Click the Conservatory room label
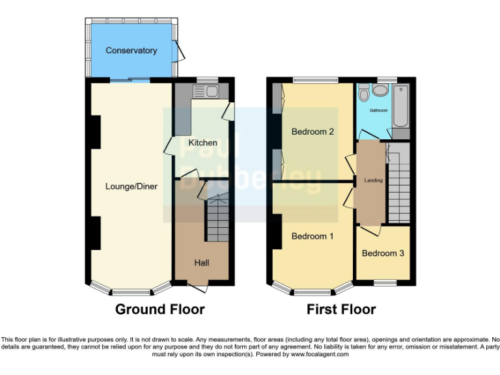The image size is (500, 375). pos(131,50)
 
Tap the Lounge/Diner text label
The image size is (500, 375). pos(132,186)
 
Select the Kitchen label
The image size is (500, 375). pos(202,143)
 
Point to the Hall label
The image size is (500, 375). pos(201,262)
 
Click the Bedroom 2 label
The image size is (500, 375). pos(312,132)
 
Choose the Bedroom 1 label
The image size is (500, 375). pos(312,236)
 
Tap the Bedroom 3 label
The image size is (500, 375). pos(383,253)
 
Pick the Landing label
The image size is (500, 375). pos(373,180)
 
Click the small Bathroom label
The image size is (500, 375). pos(378,111)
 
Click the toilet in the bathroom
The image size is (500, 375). pos(364,94)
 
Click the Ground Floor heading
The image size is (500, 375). pos(160,309)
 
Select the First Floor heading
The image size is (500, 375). pos(341,309)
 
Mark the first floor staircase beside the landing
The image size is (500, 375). pos(398,183)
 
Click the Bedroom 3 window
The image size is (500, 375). pos(383,283)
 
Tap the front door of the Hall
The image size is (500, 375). pos(198,286)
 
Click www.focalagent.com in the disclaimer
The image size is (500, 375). pos(320,355)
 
